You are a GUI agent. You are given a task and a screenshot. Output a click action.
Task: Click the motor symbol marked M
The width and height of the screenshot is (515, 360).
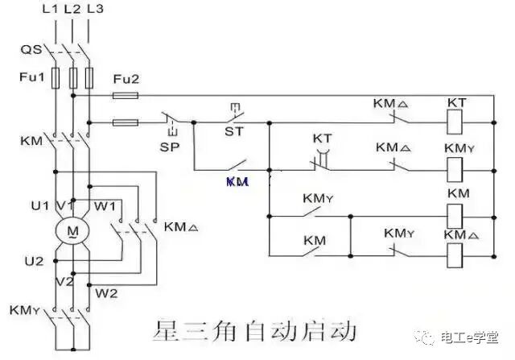click(x=73, y=232)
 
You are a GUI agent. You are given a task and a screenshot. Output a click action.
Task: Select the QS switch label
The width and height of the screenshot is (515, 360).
click(x=30, y=49)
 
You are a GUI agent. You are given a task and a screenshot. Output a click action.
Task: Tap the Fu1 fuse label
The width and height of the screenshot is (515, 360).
click(x=30, y=78)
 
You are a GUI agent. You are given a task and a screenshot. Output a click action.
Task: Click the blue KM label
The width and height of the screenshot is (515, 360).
click(x=237, y=182)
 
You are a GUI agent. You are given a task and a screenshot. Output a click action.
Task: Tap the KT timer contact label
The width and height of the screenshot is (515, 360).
click(x=322, y=138)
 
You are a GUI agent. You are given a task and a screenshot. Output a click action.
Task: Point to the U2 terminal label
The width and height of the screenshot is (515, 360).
click(x=33, y=261)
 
